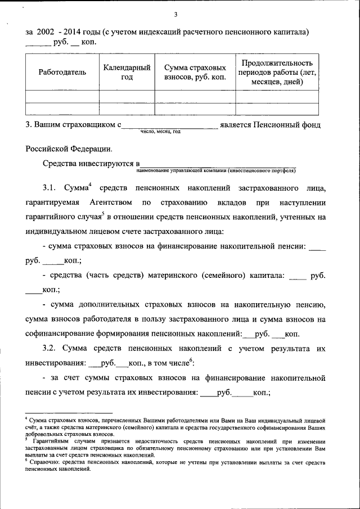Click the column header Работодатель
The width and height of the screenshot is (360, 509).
(x=62, y=72)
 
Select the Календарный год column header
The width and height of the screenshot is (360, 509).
(x=127, y=72)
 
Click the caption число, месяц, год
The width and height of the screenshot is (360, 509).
(x=160, y=131)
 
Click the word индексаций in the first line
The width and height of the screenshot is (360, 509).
(x=153, y=33)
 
